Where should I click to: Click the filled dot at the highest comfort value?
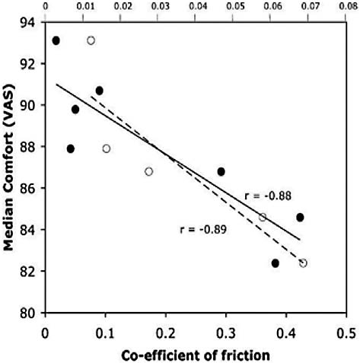pyautogui.click(x=56, y=40)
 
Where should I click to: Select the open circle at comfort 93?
pyautogui.click(x=91, y=40)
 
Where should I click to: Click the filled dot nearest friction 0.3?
pyautogui.click(x=221, y=171)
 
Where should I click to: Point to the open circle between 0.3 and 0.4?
pyautogui.click(x=263, y=217)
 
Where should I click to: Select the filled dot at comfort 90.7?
pyautogui.click(x=99, y=91)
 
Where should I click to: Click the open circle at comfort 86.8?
pyautogui.click(x=148, y=171)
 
